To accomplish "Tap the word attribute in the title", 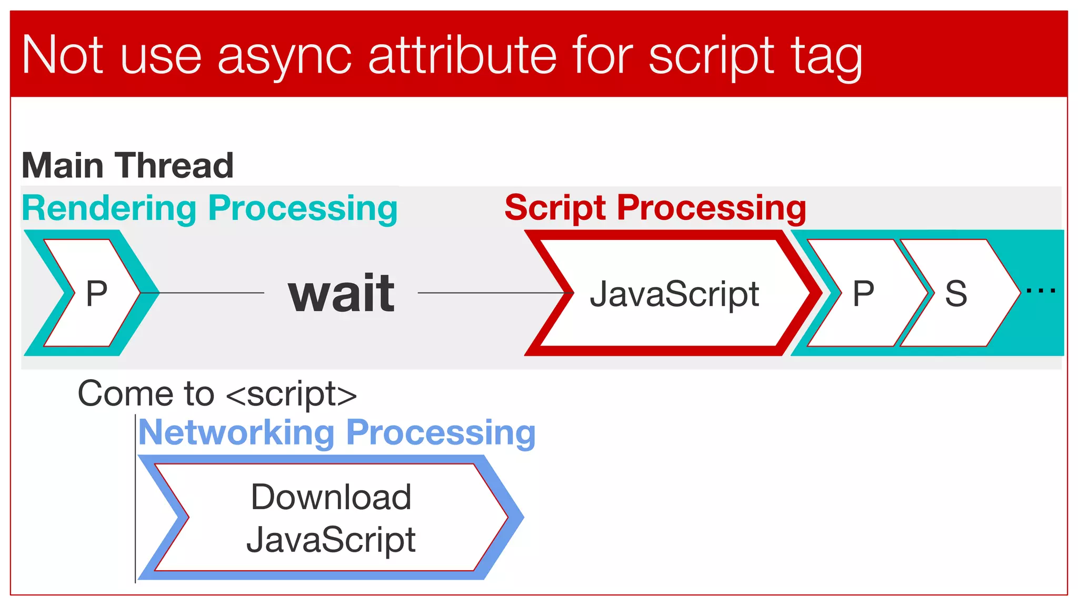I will [x=462, y=55].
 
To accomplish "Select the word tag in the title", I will [x=826, y=57].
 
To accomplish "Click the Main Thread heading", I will [x=127, y=166].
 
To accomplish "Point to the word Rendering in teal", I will [x=109, y=209].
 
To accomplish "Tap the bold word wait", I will [x=341, y=294].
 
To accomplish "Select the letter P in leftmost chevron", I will [x=96, y=294].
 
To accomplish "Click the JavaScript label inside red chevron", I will [x=674, y=294].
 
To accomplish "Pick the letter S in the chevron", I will [x=956, y=294].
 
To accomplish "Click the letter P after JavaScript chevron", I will [x=863, y=294].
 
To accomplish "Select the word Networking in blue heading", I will [x=236, y=433].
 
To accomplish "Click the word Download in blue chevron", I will [x=331, y=497].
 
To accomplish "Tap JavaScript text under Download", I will [x=331, y=540].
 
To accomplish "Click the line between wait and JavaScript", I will [x=490, y=293].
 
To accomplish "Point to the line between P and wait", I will [x=211, y=293].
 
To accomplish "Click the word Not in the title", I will [x=63, y=55].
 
